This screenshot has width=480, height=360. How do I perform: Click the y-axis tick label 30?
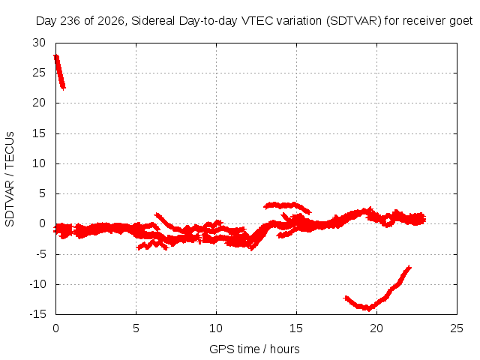point(39,43)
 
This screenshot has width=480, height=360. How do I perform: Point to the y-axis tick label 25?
point(39,73)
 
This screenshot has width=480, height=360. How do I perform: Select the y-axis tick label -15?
point(37,314)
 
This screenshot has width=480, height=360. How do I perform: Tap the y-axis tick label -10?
point(37,284)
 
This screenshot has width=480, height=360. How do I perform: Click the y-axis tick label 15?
point(39,133)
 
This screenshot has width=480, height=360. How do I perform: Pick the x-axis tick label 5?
point(136,328)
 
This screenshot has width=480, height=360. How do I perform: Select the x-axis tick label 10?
point(216,328)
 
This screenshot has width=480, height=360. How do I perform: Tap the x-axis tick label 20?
point(376,328)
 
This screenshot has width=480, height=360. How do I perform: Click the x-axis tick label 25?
point(457,328)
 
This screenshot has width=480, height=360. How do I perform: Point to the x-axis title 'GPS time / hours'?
point(254,349)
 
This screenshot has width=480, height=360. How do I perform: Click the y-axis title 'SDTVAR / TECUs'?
point(10,179)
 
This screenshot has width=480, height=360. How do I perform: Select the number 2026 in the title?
point(110,21)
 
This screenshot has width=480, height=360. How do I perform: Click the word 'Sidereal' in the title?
point(153,21)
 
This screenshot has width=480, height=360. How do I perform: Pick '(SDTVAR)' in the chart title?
point(353,21)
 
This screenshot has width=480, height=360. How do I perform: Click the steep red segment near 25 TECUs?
point(59,72)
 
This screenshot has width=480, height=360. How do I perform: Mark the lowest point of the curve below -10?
point(369,310)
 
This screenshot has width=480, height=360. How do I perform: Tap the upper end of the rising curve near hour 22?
point(409,267)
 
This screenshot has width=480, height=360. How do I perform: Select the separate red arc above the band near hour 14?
point(287,206)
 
